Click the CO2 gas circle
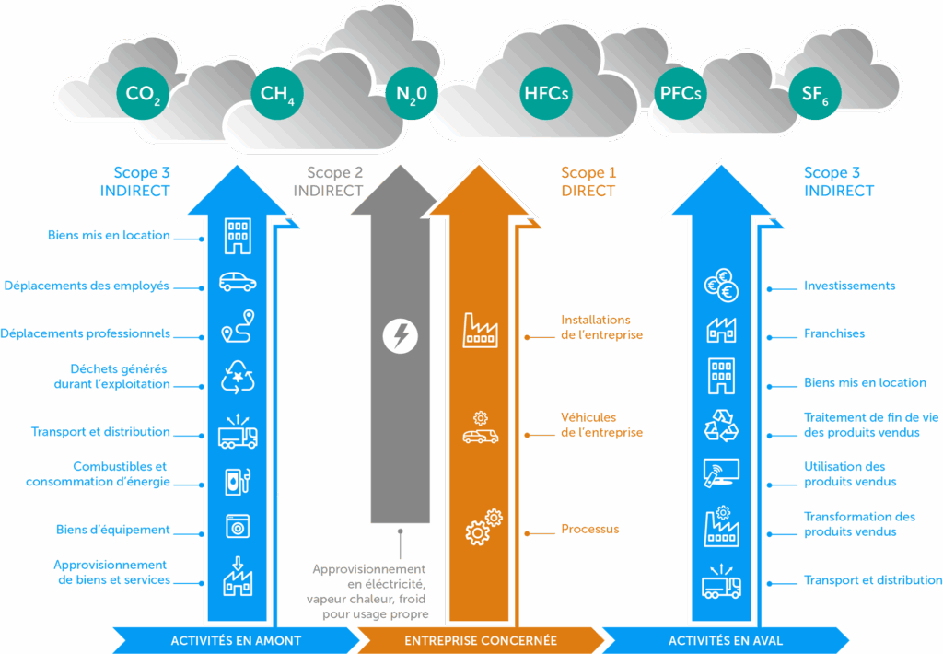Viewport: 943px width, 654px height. pos(143,93)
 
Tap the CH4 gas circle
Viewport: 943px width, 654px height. pos(277,93)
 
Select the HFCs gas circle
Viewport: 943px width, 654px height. pos(546,93)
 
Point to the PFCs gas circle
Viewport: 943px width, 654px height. pos(681,93)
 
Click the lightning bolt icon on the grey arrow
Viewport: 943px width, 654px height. pos(400,335)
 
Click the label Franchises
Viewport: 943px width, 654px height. pos(834,333)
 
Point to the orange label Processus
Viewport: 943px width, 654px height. pos(589,530)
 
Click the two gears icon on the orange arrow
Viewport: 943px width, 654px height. pos(483,526)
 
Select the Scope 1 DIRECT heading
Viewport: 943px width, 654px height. pos(588,181)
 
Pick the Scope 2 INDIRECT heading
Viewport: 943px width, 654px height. pos(333,181)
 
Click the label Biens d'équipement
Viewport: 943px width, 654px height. pos(112,530)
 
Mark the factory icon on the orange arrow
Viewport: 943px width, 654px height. pos(480,330)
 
